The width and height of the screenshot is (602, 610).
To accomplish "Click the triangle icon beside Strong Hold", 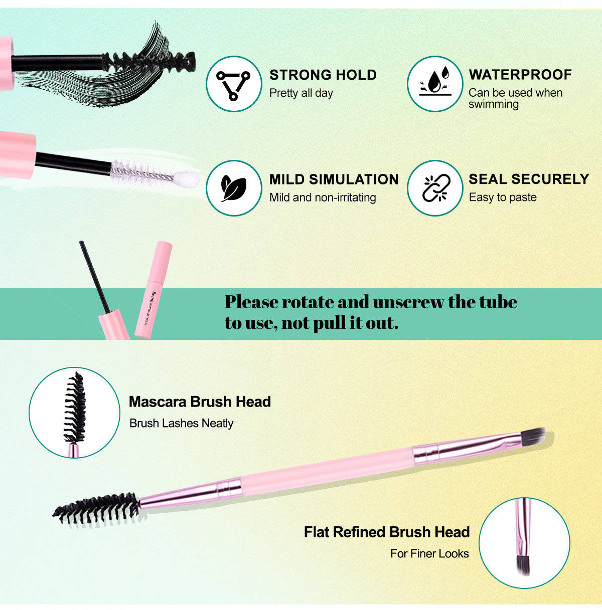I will tap(233, 84).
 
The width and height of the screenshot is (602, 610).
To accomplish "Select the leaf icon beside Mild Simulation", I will tap(233, 188).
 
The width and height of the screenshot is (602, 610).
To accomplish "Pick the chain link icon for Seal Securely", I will tap(434, 188).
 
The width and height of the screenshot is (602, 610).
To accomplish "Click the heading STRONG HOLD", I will tap(323, 75).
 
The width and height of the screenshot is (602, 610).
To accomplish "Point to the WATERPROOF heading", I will tap(520, 75).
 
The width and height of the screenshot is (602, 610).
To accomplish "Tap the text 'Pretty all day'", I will tap(301, 93).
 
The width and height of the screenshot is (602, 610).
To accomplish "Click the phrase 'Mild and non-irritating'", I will tap(323, 197).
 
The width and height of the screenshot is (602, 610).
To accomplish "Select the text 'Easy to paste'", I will tap(503, 197).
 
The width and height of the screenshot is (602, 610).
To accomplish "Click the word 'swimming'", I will tap(494, 104).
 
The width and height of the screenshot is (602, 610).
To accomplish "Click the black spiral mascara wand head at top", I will tap(150, 62).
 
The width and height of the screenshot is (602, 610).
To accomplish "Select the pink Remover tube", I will tap(153, 289).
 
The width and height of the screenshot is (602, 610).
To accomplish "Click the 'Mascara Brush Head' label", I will tap(200, 401).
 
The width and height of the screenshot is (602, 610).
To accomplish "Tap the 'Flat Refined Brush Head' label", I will tap(387, 532).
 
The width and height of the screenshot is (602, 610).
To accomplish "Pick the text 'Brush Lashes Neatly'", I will tap(182, 424).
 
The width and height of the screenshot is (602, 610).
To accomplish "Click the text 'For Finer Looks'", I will tap(429, 554).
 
